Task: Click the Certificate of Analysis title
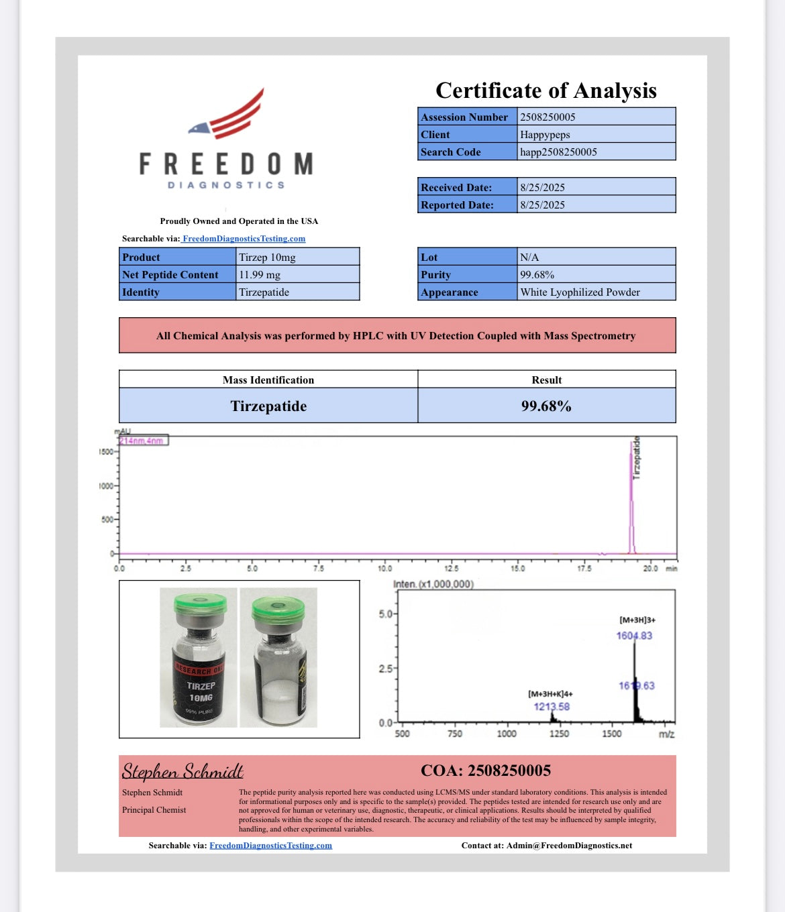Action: [545, 91]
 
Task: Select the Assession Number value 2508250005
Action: [547, 117]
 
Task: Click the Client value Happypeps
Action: [545, 134]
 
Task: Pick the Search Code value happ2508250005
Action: [558, 152]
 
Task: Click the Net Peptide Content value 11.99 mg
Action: [260, 274]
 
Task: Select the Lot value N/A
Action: [529, 257]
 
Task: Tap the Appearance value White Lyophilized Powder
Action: [580, 292]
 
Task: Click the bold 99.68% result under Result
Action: [546, 406]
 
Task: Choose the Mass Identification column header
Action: [268, 380]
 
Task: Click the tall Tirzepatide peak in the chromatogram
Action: [631, 496]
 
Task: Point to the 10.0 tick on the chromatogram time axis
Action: [384, 568]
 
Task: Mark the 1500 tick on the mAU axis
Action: [106, 451]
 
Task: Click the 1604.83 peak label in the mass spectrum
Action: [634, 635]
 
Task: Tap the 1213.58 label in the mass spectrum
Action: [552, 706]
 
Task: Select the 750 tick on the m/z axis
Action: [454, 734]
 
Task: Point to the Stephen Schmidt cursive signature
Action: [182, 771]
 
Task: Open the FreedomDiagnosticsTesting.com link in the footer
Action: [270, 845]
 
